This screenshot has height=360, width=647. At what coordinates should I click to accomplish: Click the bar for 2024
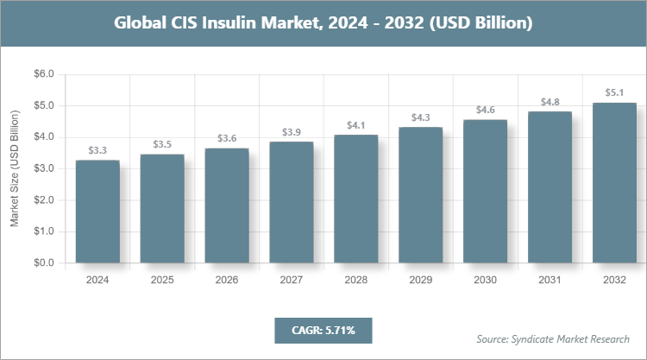(97, 212)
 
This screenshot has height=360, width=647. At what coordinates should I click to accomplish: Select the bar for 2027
(292, 202)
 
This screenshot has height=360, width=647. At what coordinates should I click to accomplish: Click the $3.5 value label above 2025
(162, 144)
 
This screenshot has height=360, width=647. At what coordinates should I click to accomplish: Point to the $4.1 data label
(355, 125)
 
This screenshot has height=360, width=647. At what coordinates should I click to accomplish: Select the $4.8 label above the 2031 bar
(550, 102)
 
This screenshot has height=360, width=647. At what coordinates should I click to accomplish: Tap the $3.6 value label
(227, 138)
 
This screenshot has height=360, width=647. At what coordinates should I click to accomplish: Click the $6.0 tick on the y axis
(42, 74)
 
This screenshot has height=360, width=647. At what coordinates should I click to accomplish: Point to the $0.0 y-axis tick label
(42, 263)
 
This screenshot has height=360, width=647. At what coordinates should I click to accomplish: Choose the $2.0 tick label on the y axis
(42, 200)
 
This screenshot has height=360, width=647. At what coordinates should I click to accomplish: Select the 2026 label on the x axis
(227, 281)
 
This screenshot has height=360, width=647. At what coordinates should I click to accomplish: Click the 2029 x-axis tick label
(421, 281)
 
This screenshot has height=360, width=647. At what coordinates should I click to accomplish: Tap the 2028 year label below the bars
(355, 281)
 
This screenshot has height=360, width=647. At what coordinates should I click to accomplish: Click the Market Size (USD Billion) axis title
(15, 169)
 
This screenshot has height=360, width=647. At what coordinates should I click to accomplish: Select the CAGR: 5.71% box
(323, 331)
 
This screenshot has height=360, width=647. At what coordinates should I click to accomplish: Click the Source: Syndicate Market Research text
(553, 338)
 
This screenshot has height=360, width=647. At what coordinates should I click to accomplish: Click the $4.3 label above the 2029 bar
(421, 117)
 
